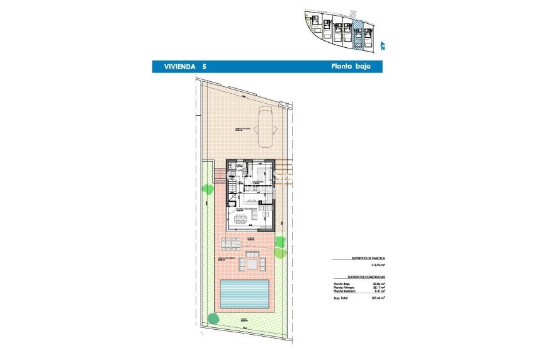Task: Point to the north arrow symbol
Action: tap(382, 45)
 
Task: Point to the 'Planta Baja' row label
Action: tap(341, 284)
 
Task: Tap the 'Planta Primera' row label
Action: tap(343, 288)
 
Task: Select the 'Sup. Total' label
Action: tap(341, 298)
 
